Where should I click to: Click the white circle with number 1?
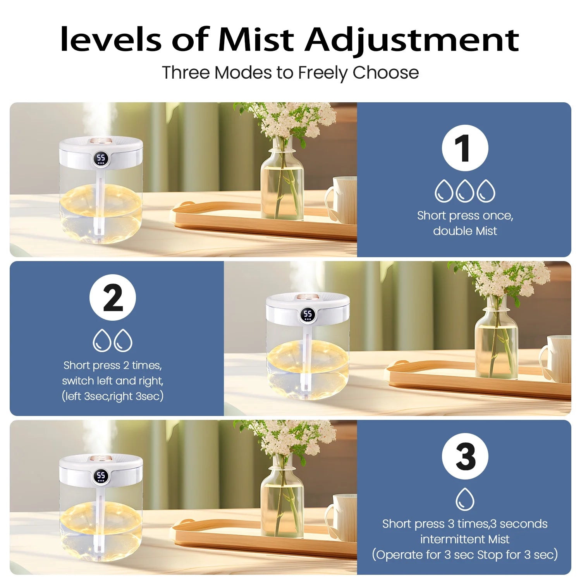(465, 148)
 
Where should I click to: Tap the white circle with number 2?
(113, 297)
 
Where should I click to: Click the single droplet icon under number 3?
(465, 499)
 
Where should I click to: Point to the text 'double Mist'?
(465, 231)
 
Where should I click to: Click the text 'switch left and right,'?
(113, 381)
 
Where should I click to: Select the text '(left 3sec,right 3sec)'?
(113, 396)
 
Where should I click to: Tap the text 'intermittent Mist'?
(465, 539)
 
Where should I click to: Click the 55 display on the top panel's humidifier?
(101, 158)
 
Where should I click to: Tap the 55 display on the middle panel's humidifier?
(308, 315)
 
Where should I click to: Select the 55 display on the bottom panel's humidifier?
(101, 476)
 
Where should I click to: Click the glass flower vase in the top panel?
(282, 179)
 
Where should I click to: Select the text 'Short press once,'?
(465, 216)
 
